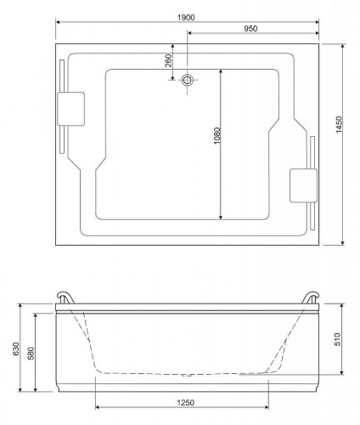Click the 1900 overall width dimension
pos(186,18)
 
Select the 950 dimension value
pos(250,29)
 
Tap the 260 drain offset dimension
pos(168,60)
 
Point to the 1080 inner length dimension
pos(217,136)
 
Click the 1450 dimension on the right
pos(339,125)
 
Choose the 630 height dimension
pos(16,348)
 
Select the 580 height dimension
pos(31,353)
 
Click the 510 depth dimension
pos(337,339)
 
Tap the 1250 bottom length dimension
pos(186,402)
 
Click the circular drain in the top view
pos(187,80)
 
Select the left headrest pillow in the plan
pos(70,109)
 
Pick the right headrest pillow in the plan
pos(303,185)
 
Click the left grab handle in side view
pos(65,297)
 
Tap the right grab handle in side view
pos(310,297)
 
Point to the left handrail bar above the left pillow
pos(62,76)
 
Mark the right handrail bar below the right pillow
pos(312,216)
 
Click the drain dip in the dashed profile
pos(187,375)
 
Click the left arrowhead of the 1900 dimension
pos(58,22)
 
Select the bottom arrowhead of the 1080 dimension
pos(221,217)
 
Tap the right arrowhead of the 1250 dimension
pos(267,407)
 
